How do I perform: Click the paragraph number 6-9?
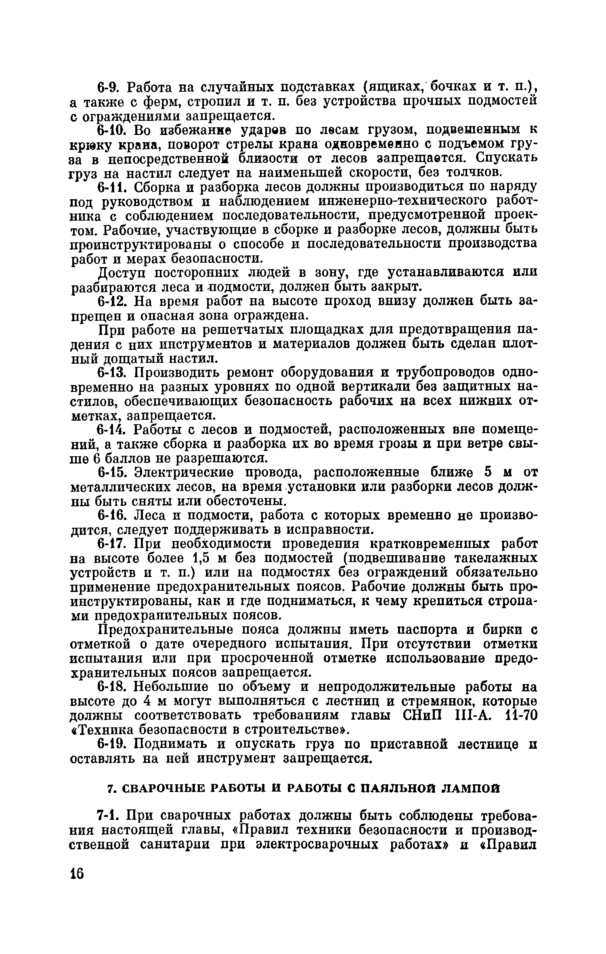110,87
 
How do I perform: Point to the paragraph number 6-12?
114,301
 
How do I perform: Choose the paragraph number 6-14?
114,429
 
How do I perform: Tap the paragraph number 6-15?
114,472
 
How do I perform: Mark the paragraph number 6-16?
114,515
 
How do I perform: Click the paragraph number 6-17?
114,543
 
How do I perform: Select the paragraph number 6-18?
114,687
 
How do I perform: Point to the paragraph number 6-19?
114,743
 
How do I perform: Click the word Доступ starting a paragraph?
124,273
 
